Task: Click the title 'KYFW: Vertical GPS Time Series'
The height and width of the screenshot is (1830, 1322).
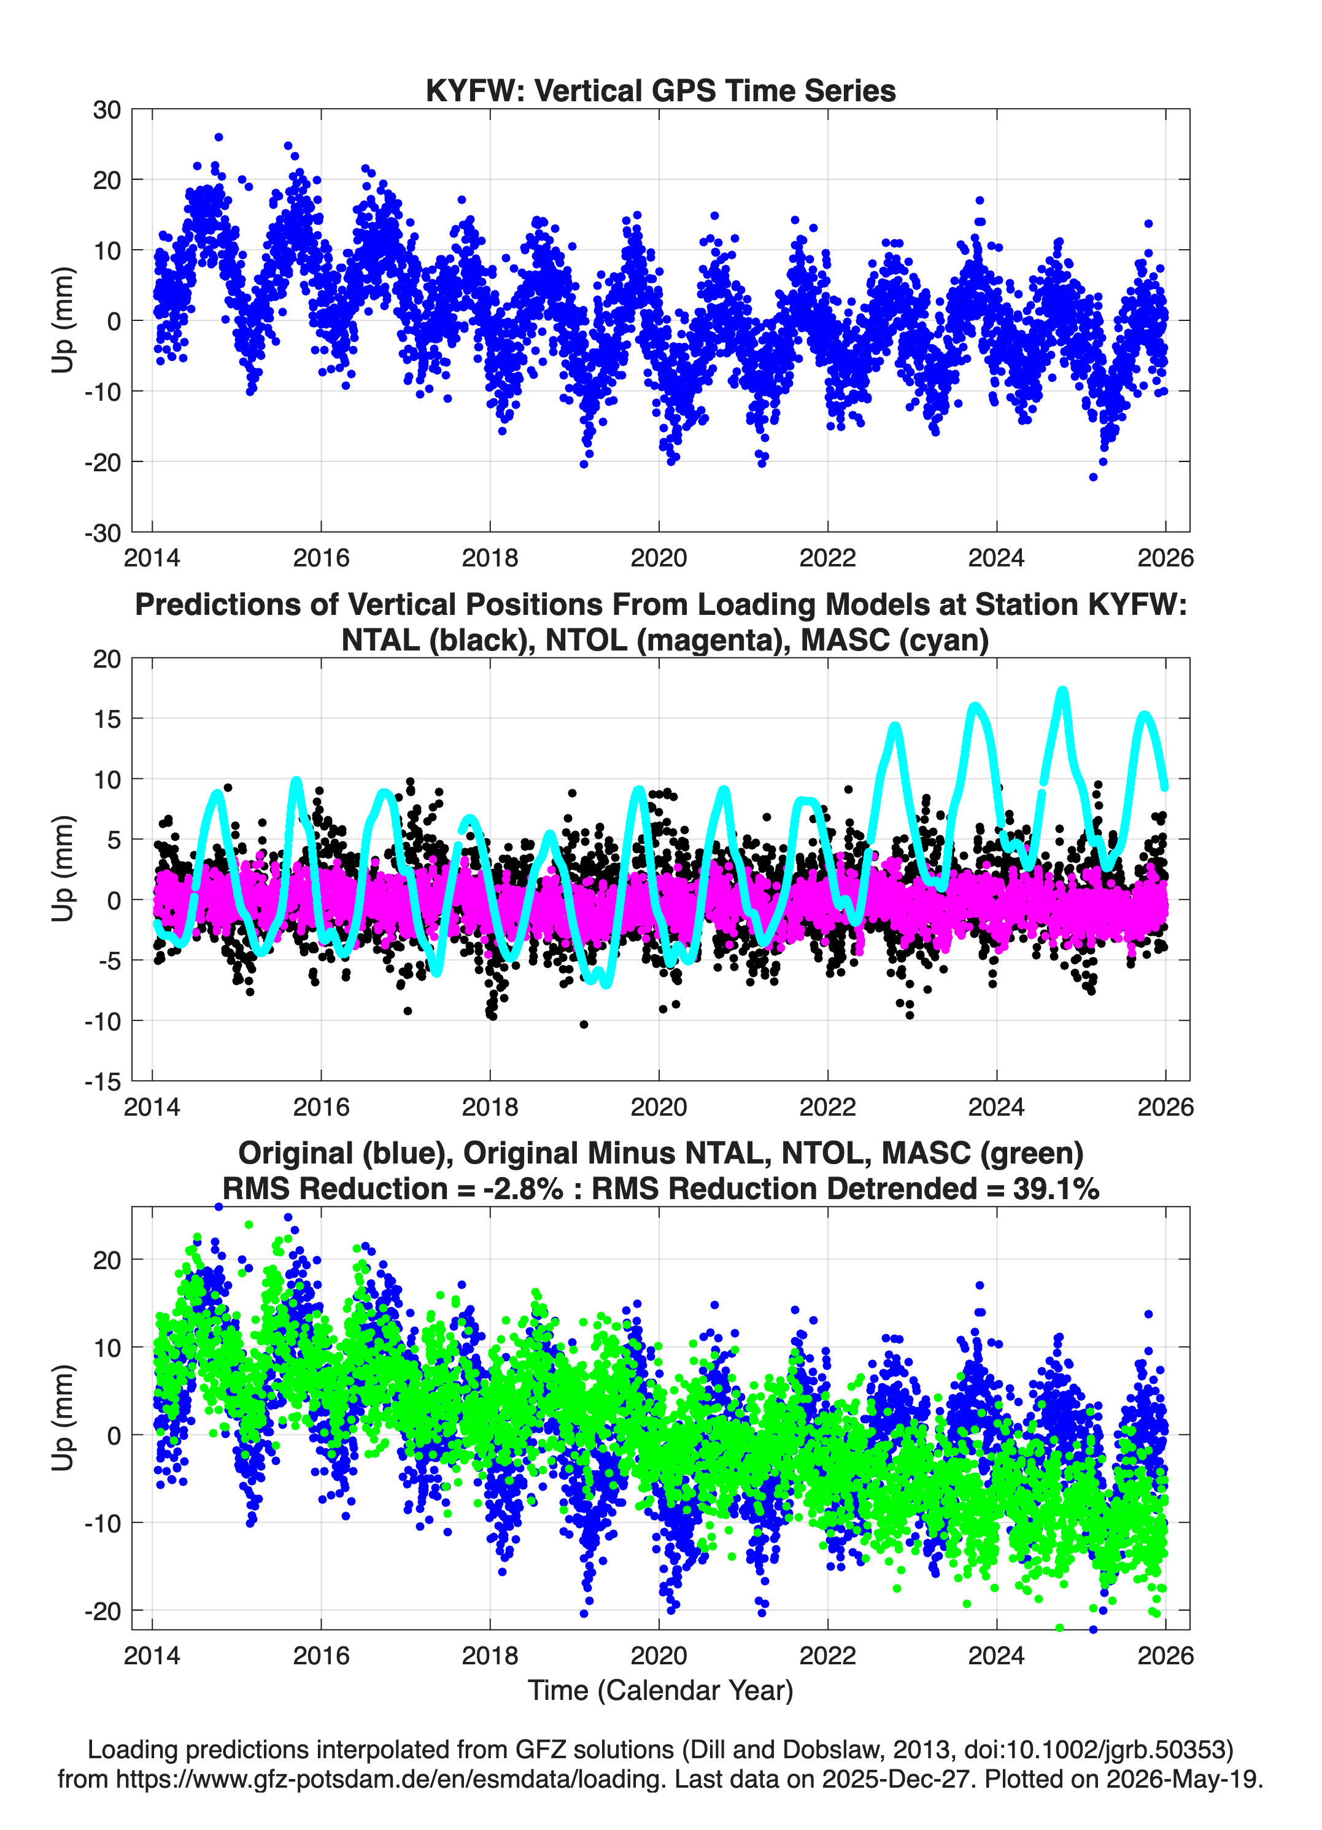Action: coord(660,90)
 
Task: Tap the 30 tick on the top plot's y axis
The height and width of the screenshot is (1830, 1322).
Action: coord(107,110)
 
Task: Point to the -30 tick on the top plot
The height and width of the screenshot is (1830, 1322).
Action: coord(102,533)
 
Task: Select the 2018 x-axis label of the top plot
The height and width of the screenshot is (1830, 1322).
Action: coord(490,558)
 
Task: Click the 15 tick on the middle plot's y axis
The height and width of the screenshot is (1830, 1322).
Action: coord(107,718)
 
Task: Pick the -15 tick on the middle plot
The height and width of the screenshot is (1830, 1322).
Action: coord(102,1081)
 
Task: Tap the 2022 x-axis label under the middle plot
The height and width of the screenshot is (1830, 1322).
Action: coord(827,1106)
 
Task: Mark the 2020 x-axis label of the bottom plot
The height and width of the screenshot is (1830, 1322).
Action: coord(659,1655)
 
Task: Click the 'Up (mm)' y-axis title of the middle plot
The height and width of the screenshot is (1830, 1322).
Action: coord(63,869)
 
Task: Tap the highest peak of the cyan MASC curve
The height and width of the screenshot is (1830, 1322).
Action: coord(1063,690)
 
